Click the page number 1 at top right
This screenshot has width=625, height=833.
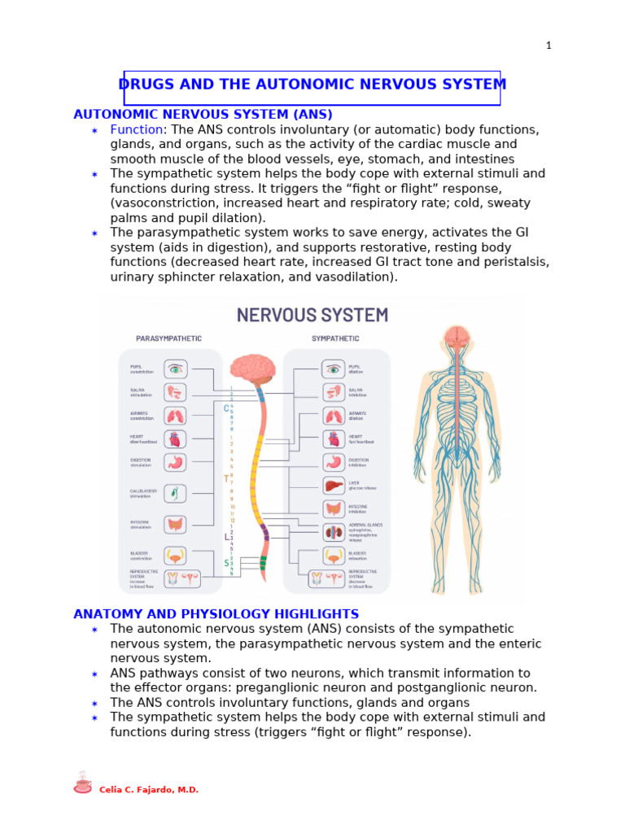549,46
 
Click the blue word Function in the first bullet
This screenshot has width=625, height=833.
137,130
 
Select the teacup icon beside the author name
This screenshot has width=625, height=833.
82,783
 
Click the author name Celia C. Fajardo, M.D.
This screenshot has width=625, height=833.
149,790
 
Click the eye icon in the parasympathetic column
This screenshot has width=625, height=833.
175,369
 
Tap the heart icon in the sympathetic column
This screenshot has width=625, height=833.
333,439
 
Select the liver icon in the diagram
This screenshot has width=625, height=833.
333,486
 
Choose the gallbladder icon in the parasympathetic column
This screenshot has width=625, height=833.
175,494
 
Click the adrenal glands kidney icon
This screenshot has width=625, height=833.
333,533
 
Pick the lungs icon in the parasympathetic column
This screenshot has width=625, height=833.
175,416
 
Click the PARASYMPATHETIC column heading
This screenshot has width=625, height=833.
168,338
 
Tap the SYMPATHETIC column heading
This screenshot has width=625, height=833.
336,338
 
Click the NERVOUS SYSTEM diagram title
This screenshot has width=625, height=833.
312,315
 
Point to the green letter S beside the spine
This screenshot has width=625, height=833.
227,563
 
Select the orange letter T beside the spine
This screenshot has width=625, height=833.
226,478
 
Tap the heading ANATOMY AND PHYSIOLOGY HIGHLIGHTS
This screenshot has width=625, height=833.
216,614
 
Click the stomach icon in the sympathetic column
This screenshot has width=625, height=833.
333,462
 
